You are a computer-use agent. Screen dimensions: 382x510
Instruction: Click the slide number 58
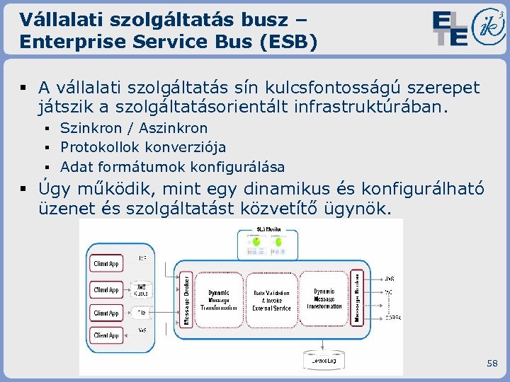tap(492, 363)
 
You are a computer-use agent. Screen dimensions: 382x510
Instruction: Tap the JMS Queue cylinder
tap(142, 290)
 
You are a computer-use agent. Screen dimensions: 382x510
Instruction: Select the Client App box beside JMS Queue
tap(106, 289)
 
